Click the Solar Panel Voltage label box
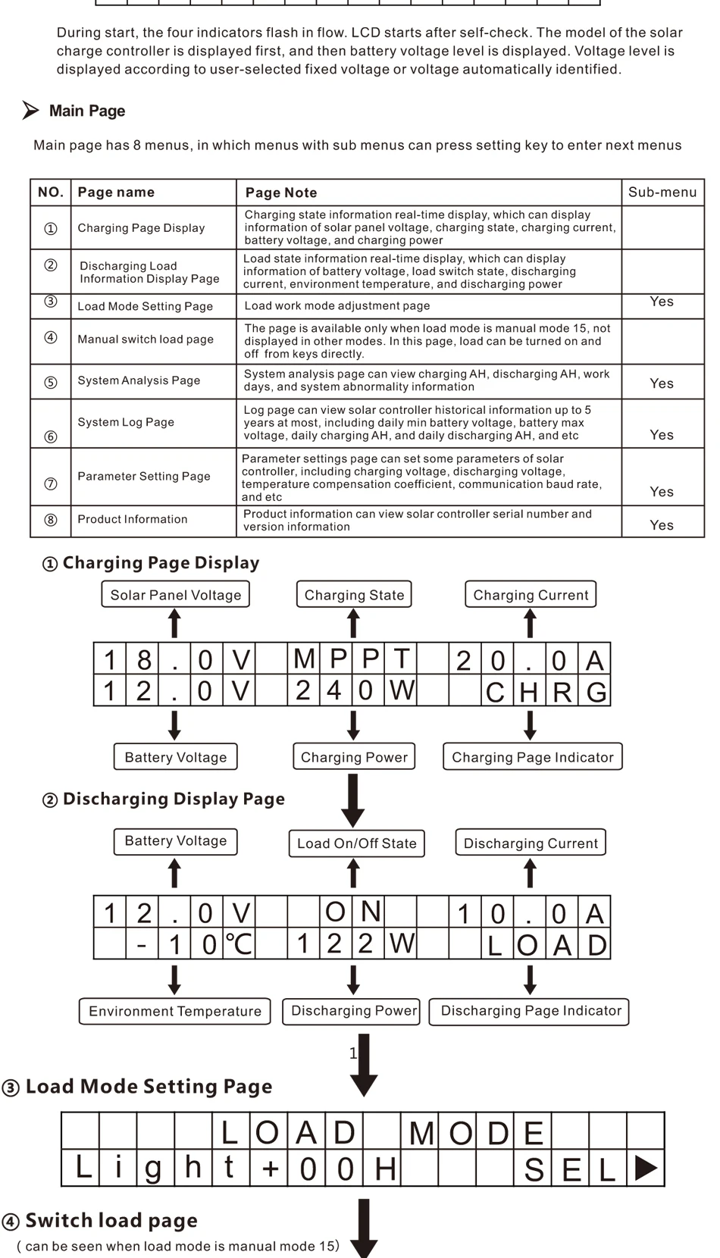pos(175,595)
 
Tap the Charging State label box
pos(354,595)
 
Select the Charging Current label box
pos(531,595)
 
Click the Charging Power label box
pos(354,757)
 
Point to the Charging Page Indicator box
pos(532,757)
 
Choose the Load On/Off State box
pos(356,843)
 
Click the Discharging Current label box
pos(531,843)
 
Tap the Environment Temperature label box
pos(174,1012)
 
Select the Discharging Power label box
pos(353,1011)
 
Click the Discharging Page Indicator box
pos(530,1011)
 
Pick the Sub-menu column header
pos(662,192)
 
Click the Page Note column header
pos(281,192)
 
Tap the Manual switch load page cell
pos(146,340)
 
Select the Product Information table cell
pos(133,519)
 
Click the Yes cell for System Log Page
pos(662,434)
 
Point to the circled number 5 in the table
pos(51,383)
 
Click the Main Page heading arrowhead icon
pos(30,111)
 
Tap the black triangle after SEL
pos(645,1168)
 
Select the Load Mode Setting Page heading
pos(149,1087)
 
